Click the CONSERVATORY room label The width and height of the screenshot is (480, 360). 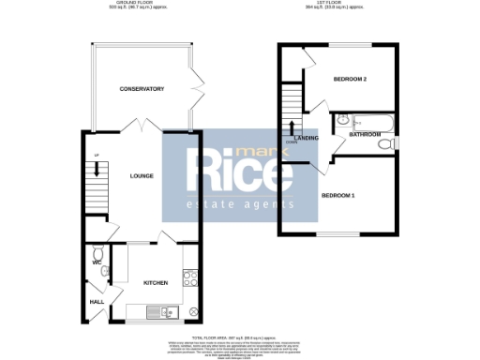(142, 89)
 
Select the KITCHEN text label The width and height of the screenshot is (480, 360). (155, 281)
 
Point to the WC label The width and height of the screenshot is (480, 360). (96, 262)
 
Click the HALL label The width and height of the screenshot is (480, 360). (97, 302)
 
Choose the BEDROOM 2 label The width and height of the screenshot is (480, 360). (350, 80)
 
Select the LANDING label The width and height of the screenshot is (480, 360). (306, 138)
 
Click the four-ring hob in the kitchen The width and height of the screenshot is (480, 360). (190, 277)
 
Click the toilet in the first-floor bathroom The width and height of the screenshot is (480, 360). (382, 143)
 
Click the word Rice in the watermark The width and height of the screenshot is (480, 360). (239, 171)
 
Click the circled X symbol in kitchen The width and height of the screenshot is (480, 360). (194, 311)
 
